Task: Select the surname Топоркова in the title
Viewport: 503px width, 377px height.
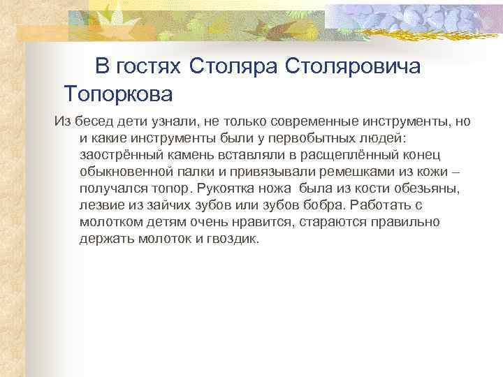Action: tap(117, 92)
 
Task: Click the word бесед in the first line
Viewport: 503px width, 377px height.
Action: tap(94, 122)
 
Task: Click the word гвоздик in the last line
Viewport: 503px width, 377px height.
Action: tap(233, 239)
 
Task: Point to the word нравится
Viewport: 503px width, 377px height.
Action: tap(263, 223)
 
